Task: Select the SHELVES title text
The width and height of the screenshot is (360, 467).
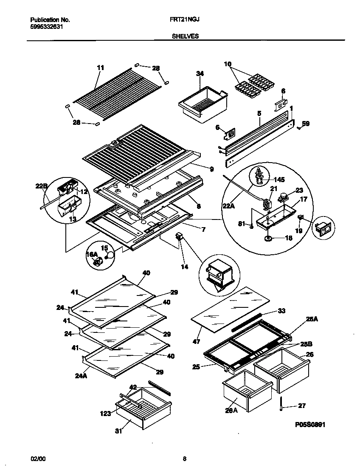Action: click(x=185, y=37)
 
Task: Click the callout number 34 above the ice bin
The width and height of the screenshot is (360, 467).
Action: click(x=200, y=73)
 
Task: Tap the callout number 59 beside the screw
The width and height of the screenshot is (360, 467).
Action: click(x=306, y=124)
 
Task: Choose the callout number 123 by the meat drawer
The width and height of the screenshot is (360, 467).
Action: click(x=106, y=413)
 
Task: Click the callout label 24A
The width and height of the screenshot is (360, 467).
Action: click(x=81, y=375)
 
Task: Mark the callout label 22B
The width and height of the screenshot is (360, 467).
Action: click(x=41, y=185)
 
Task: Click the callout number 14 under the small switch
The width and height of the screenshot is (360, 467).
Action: click(x=184, y=267)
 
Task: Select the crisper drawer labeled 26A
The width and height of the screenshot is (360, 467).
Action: click(x=246, y=391)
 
